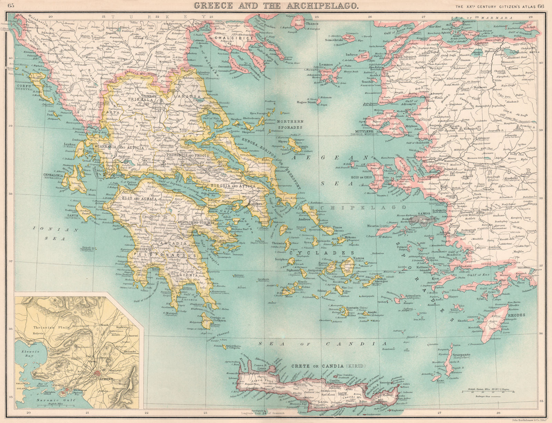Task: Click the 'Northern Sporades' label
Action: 290,124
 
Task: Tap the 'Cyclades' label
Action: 312,253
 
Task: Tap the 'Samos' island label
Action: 424,214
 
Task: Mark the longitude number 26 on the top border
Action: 369,16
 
